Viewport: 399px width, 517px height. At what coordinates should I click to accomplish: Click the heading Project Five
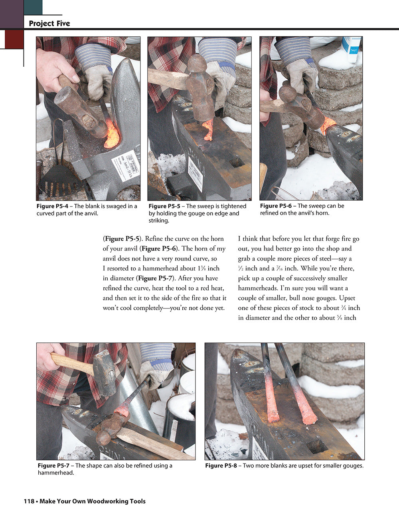49,24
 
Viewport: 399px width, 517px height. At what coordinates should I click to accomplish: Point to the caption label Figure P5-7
55,465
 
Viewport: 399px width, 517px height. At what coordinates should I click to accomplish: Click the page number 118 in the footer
29,501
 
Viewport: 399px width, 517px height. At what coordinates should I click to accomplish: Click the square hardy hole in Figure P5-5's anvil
236,162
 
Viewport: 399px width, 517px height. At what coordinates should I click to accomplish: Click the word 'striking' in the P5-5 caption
159,221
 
